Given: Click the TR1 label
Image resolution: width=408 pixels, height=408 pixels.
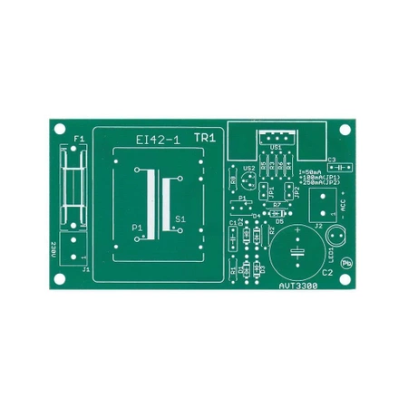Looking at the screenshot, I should [x=204, y=138].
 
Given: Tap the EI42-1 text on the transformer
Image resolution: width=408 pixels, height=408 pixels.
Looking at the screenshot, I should [x=158, y=140].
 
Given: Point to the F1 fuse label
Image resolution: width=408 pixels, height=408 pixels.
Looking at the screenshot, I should [x=77, y=139].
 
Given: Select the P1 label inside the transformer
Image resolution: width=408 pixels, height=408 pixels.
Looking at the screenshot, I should [x=137, y=226].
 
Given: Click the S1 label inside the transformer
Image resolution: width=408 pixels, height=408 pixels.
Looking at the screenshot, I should [x=180, y=219].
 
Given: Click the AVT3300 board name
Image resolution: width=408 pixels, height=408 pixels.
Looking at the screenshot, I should [x=298, y=282].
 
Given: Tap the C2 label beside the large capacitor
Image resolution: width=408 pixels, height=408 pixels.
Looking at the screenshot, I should [x=327, y=271].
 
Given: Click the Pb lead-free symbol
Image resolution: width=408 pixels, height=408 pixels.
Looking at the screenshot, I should [x=345, y=260].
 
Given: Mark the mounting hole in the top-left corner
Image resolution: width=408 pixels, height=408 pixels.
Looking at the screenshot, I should [x=61, y=129].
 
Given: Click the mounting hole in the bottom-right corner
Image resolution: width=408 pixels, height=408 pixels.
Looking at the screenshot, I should [x=345, y=279].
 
